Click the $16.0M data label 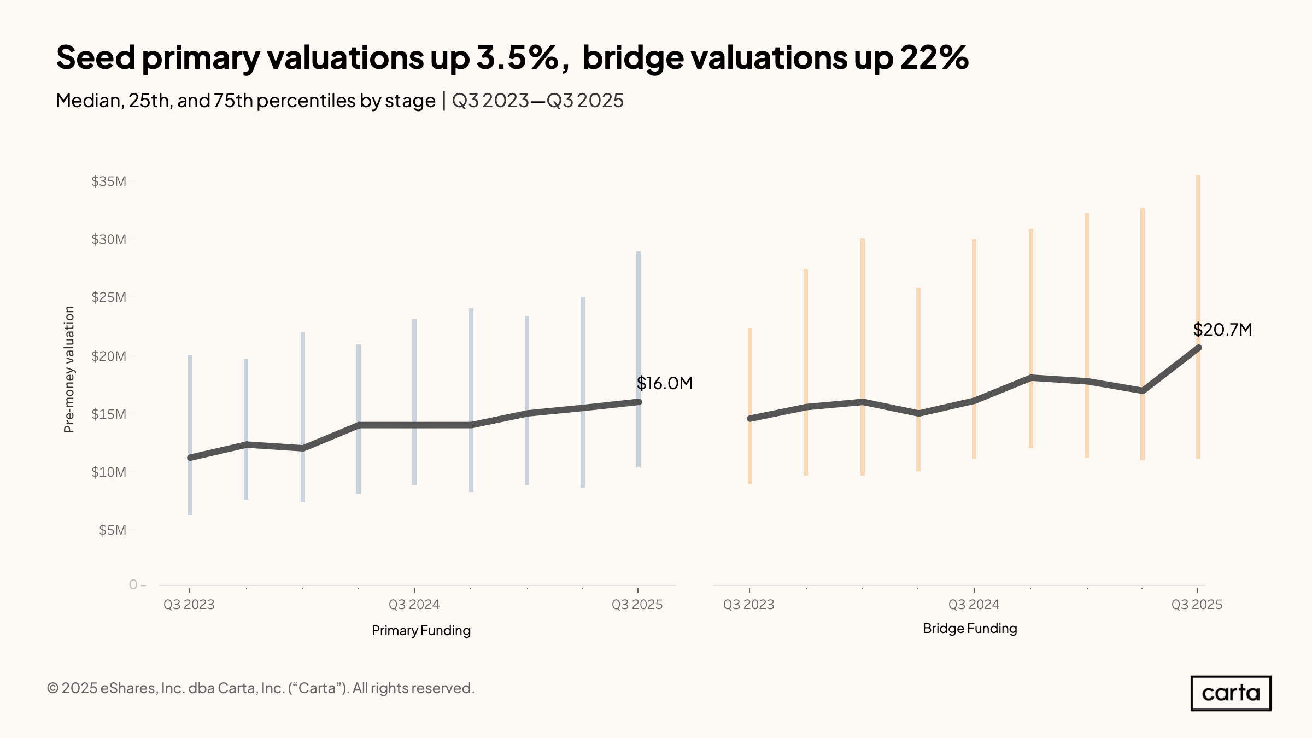coord(664,383)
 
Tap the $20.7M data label coord(1222,330)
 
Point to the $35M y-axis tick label coord(109,181)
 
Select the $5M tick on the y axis coord(113,530)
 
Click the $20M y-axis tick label coord(109,356)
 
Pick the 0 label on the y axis coord(133,584)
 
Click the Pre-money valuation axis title coord(69,370)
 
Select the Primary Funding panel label coord(421,630)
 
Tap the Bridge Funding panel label coord(970,628)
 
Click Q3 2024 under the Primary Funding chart coord(414,604)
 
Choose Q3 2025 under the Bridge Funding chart coord(1197,604)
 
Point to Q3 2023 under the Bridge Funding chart coord(749,604)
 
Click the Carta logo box coord(1231,693)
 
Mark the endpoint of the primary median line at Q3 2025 coord(638,402)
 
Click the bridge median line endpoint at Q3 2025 coord(1198,348)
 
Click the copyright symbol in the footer coord(52,688)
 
